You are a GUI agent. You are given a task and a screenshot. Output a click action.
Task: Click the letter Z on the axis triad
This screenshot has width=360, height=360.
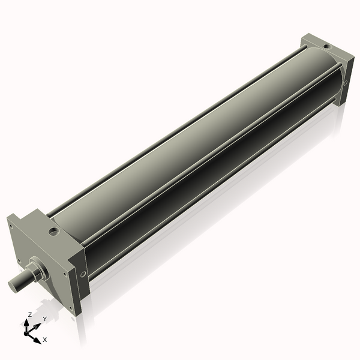[29, 315]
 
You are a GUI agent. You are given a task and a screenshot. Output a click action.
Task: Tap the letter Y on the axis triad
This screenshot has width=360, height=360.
[45, 319]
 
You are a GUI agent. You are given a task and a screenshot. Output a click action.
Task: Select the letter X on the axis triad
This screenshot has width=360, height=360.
[45, 340]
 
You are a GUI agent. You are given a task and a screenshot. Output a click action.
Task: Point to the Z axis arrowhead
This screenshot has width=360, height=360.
[26, 323]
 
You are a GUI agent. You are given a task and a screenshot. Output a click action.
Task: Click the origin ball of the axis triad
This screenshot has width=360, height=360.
[26, 334]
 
